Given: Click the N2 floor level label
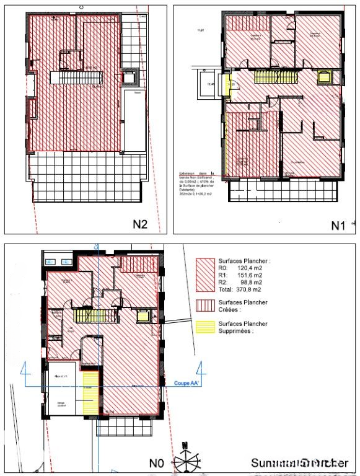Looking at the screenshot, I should (139, 224).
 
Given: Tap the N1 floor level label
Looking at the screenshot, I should (338, 226).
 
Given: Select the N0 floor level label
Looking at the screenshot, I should (157, 462).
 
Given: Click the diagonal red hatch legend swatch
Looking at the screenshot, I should (204, 275).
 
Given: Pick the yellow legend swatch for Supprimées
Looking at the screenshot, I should (204, 327).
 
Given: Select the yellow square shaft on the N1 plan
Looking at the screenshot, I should (324, 77).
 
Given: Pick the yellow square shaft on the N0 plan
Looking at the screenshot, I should (143, 316).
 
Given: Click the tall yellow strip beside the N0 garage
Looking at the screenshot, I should (90, 392).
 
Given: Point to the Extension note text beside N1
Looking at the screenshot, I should (195, 183).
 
